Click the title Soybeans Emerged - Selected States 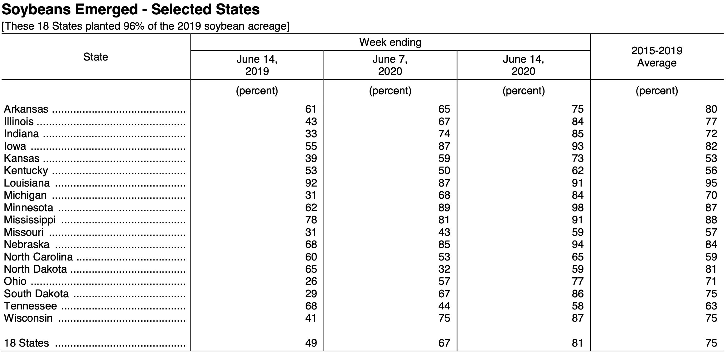tap(131, 10)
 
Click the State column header tap(96, 57)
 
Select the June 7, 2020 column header tap(390, 65)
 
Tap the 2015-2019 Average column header tap(657, 57)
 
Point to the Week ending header tap(390, 42)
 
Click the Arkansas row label tap(26, 109)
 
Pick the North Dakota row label tap(35, 269)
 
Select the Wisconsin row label tap(28, 318)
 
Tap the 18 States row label tap(27, 343)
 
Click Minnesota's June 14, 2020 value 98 tap(578, 208)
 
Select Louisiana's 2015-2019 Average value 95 tap(711, 183)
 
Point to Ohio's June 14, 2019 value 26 tap(311, 281)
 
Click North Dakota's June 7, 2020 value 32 tap(444, 269)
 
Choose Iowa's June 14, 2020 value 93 tap(578, 146)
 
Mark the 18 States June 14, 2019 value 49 tap(311, 343)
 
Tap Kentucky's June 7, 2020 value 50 tap(444, 171)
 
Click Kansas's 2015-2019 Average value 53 tap(711, 158)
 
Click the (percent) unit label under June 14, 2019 tap(257, 91)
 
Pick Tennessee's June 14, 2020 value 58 tap(578, 306)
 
